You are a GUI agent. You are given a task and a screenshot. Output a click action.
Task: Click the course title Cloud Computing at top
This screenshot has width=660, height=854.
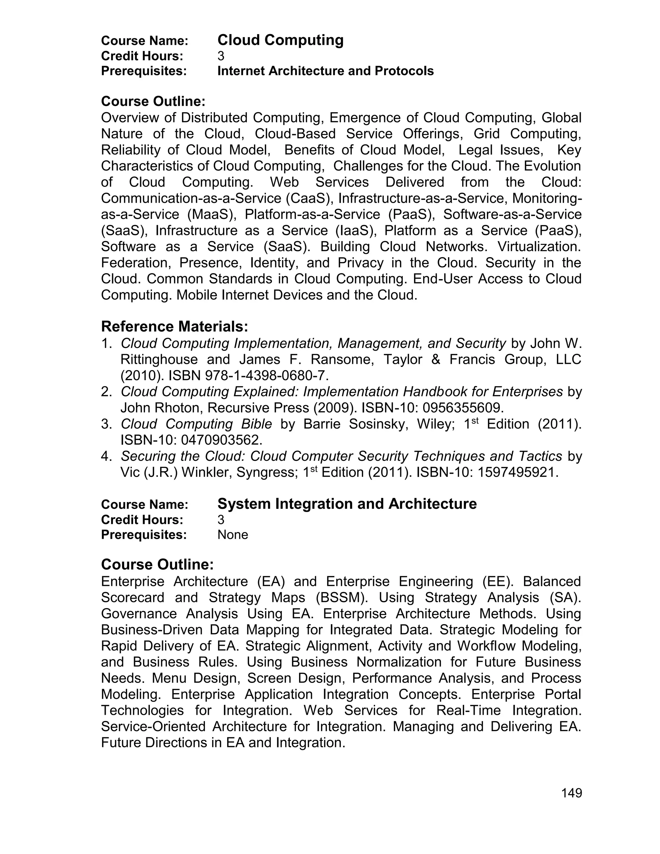tap(280, 40)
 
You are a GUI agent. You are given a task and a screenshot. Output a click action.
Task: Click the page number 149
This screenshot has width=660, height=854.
tap(571, 793)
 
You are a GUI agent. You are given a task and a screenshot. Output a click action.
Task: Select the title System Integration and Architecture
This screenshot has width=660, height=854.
tap(347, 504)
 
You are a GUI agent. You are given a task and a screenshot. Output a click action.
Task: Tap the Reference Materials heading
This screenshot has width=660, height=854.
tap(174, 326)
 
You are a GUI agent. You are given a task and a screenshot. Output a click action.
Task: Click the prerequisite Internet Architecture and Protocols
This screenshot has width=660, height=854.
tap(325, 71)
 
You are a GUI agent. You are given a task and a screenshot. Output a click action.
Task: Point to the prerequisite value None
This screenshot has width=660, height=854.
tap(233, 535)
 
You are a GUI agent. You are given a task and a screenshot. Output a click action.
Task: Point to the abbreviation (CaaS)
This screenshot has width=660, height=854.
tap(310, 199)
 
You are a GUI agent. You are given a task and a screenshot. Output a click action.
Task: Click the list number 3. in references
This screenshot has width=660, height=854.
tap(107, 424)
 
